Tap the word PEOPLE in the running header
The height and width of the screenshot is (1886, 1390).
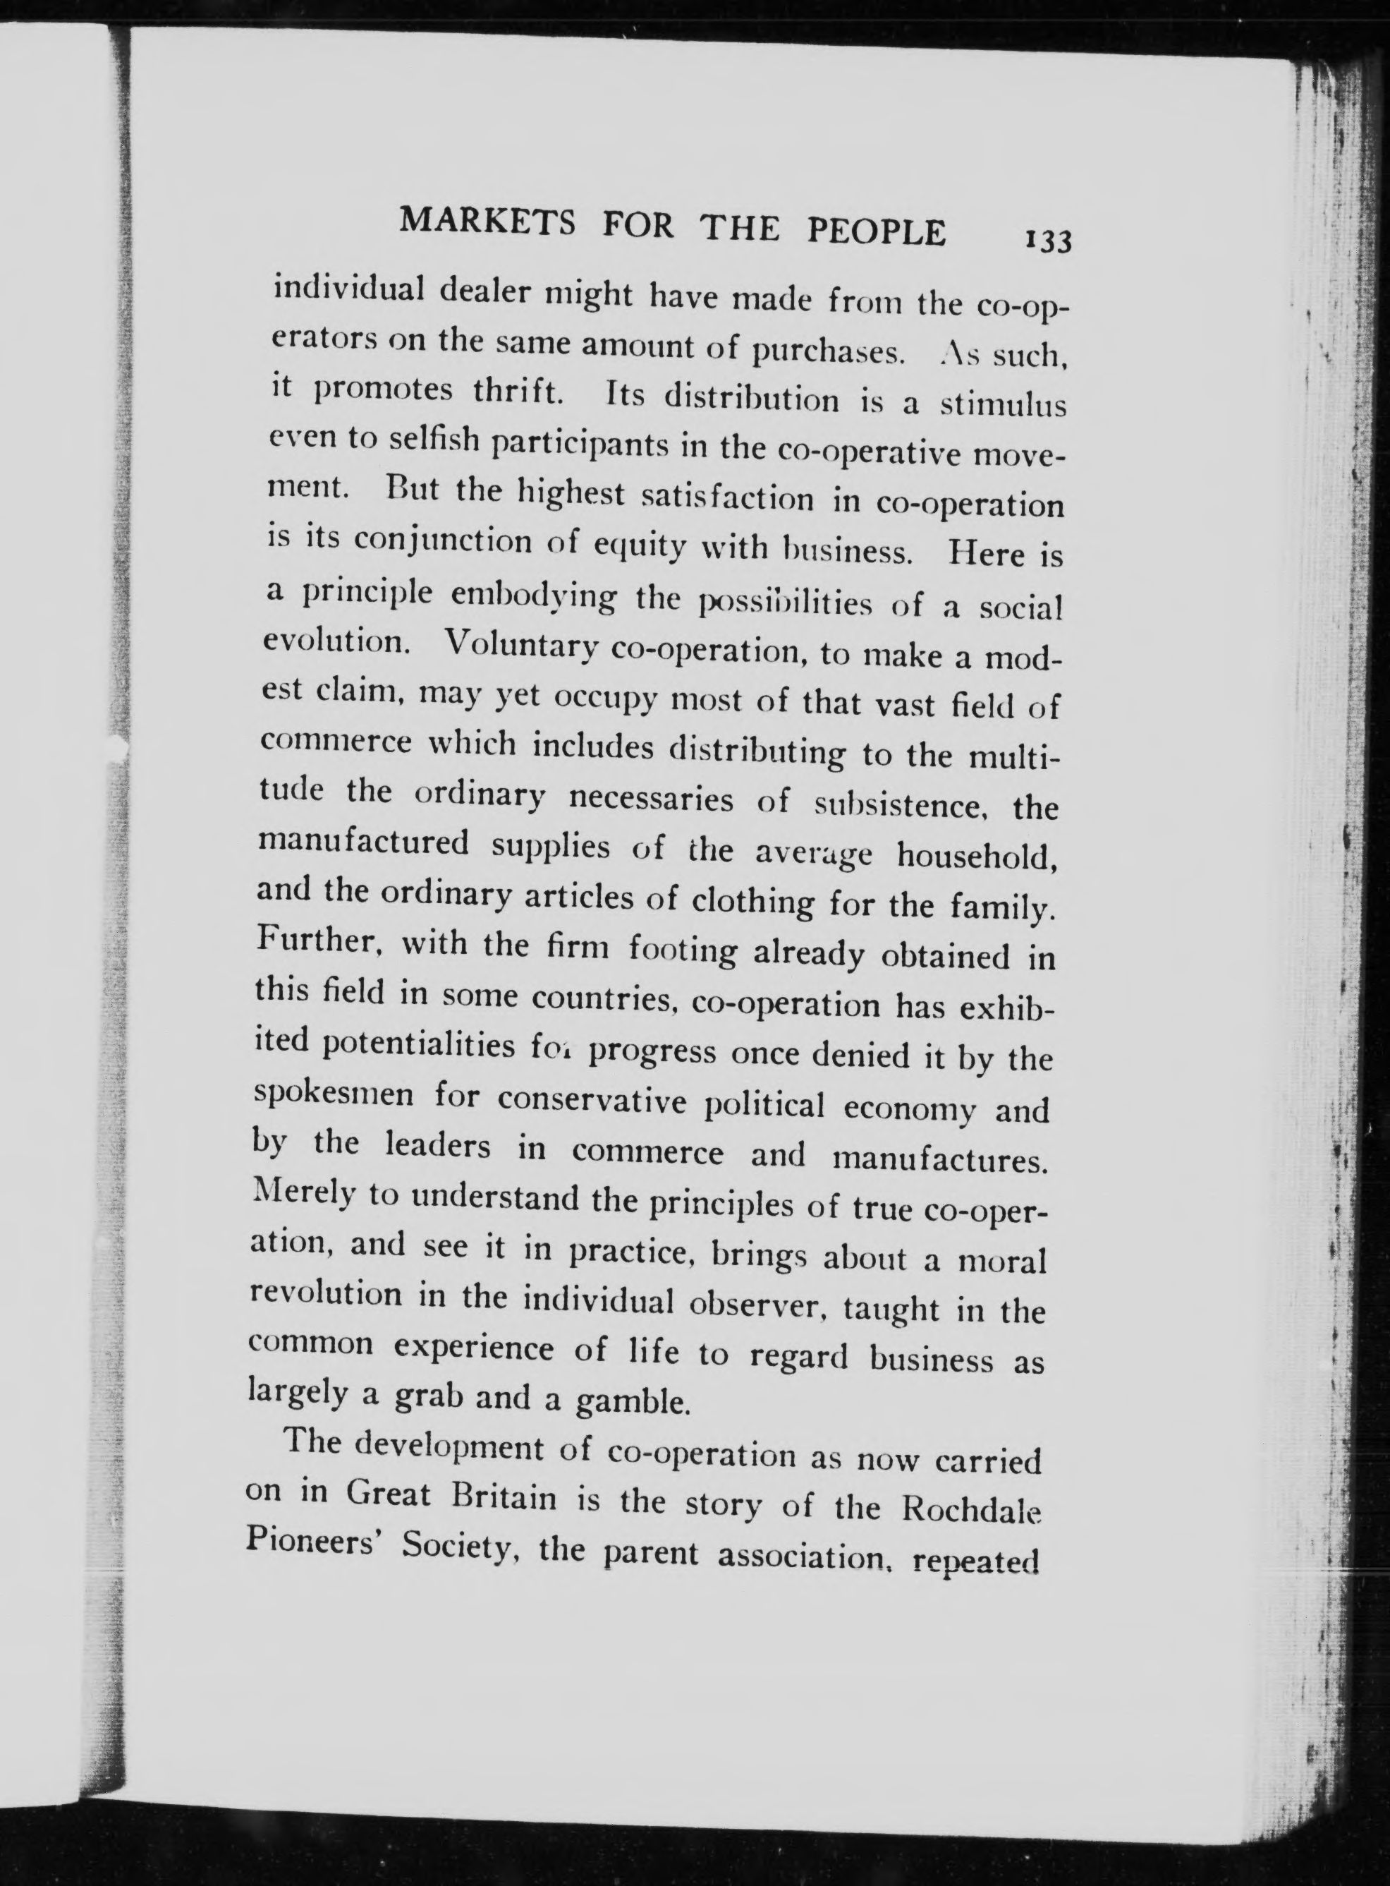tap(876, 231)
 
